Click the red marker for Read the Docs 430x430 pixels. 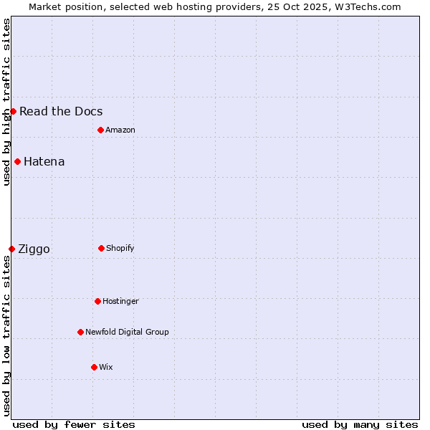(13, 111)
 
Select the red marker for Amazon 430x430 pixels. (100, 130)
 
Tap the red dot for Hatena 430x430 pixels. (17, 161)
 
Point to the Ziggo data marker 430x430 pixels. (11, 249)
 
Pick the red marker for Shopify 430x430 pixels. (101, 248)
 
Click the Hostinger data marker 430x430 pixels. (97, 301)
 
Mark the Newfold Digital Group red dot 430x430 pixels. (80, 332)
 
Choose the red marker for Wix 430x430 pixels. (94, 367)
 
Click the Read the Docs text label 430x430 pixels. (61, 111)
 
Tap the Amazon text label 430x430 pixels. (120, 130)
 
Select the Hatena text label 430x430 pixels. (44, 161)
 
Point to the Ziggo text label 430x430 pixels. (34, 249)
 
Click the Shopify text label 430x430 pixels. (120, 248)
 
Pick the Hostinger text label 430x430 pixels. (120, 301)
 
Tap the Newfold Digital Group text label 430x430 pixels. (127, 332)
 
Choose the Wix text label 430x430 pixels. (106, 367)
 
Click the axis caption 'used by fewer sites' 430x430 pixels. (74, 424)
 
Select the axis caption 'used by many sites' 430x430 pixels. (360, 424)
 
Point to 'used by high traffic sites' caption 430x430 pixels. (6, 102)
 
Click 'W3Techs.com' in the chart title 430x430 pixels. (366, 6)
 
